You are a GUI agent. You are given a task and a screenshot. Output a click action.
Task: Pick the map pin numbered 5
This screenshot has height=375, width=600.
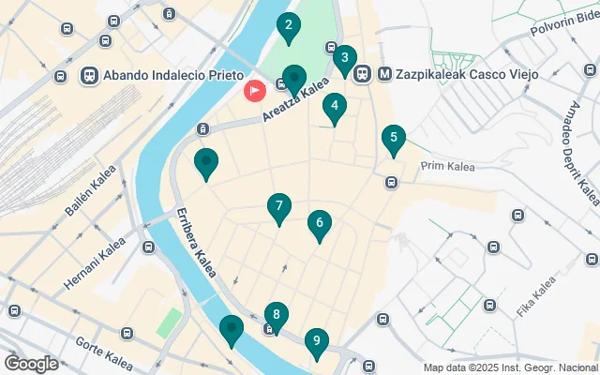[x=394, y=141]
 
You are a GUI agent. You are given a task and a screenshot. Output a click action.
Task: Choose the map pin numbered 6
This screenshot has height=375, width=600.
[x=320, y=224]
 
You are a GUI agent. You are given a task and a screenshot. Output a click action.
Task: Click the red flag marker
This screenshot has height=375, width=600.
[x=254, y=91]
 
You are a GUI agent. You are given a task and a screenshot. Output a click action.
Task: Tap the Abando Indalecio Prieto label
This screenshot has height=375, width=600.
[x=175, y=75]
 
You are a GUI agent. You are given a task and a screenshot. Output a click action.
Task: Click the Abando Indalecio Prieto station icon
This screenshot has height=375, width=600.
[x=91, y=75]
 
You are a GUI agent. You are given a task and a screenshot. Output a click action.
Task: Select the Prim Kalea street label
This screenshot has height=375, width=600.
[x=448, y=167]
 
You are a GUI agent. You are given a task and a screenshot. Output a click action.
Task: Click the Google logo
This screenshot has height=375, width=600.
[x=32, y=363]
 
